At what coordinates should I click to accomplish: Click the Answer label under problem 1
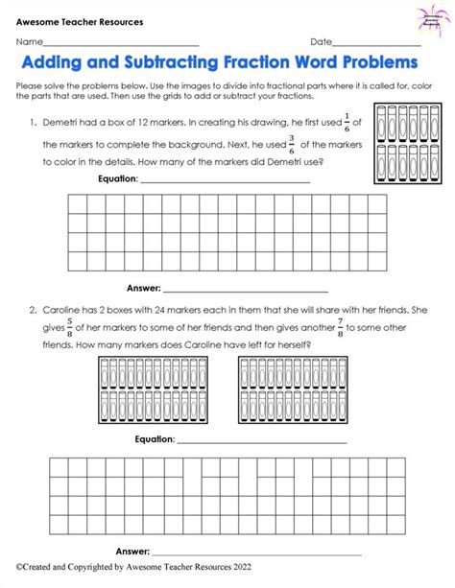142,287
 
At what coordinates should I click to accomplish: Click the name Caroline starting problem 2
64,310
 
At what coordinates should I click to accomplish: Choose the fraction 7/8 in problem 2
337,329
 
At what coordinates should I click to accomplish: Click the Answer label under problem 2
132,551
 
